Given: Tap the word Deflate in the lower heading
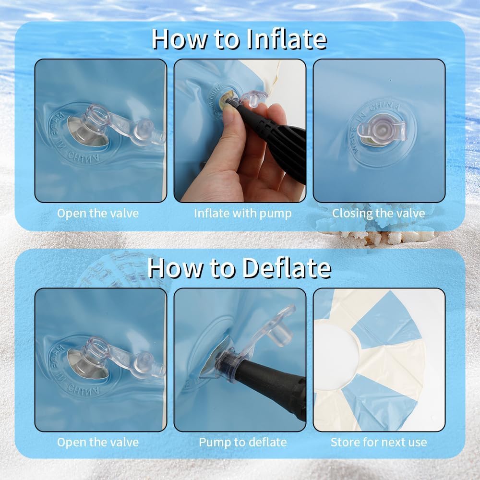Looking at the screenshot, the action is tap(287, 268).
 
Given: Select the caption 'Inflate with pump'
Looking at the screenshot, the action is tap(243, 214).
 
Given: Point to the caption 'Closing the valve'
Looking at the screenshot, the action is tap(379, 214).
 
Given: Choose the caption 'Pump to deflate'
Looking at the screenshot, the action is tap(243, 443).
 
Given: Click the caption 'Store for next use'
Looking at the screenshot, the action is tap(379, 442).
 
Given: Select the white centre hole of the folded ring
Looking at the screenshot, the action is tap(335, 355).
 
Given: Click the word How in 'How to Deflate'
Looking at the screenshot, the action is tap(176, 268).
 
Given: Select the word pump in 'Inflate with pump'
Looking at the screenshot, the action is tap(276, 214).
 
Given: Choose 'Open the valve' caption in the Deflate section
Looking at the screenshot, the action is tap(98, 443).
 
